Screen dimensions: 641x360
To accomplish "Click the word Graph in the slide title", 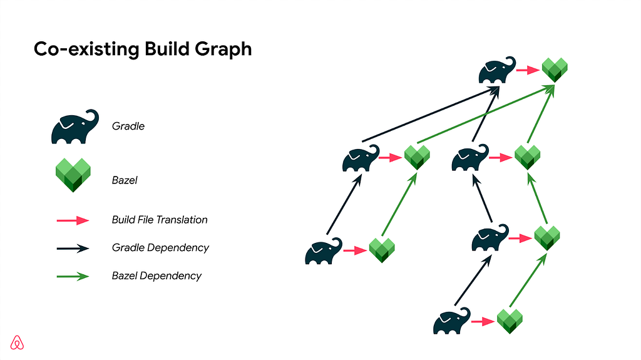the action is point(223,49).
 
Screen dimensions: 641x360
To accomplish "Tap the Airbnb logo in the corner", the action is point(17,343).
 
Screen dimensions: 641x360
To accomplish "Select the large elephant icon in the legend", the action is point(75,127).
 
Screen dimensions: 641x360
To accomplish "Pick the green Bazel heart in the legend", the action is point(73,175).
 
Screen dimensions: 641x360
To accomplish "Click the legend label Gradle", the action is point(128,126).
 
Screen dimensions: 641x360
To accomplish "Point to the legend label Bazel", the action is point(125,180).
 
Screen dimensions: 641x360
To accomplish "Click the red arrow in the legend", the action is point(73,220).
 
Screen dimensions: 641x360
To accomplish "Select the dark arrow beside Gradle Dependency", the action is point(73,249).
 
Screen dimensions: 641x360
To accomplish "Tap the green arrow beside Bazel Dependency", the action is point(73,277).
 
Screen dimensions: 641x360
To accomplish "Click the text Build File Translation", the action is point(160,220).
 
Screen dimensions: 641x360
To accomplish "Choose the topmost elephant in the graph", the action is point(497,70).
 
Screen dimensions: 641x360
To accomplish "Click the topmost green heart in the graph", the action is point(555,70).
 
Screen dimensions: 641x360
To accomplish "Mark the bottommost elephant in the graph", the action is point(452,321).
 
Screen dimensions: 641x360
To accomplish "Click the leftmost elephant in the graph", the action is point(324,251).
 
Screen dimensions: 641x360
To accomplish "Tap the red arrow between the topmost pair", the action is point(528,70).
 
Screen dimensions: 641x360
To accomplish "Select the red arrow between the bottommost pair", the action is point(483,322).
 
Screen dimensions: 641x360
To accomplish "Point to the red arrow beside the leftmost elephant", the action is point(356,250).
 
